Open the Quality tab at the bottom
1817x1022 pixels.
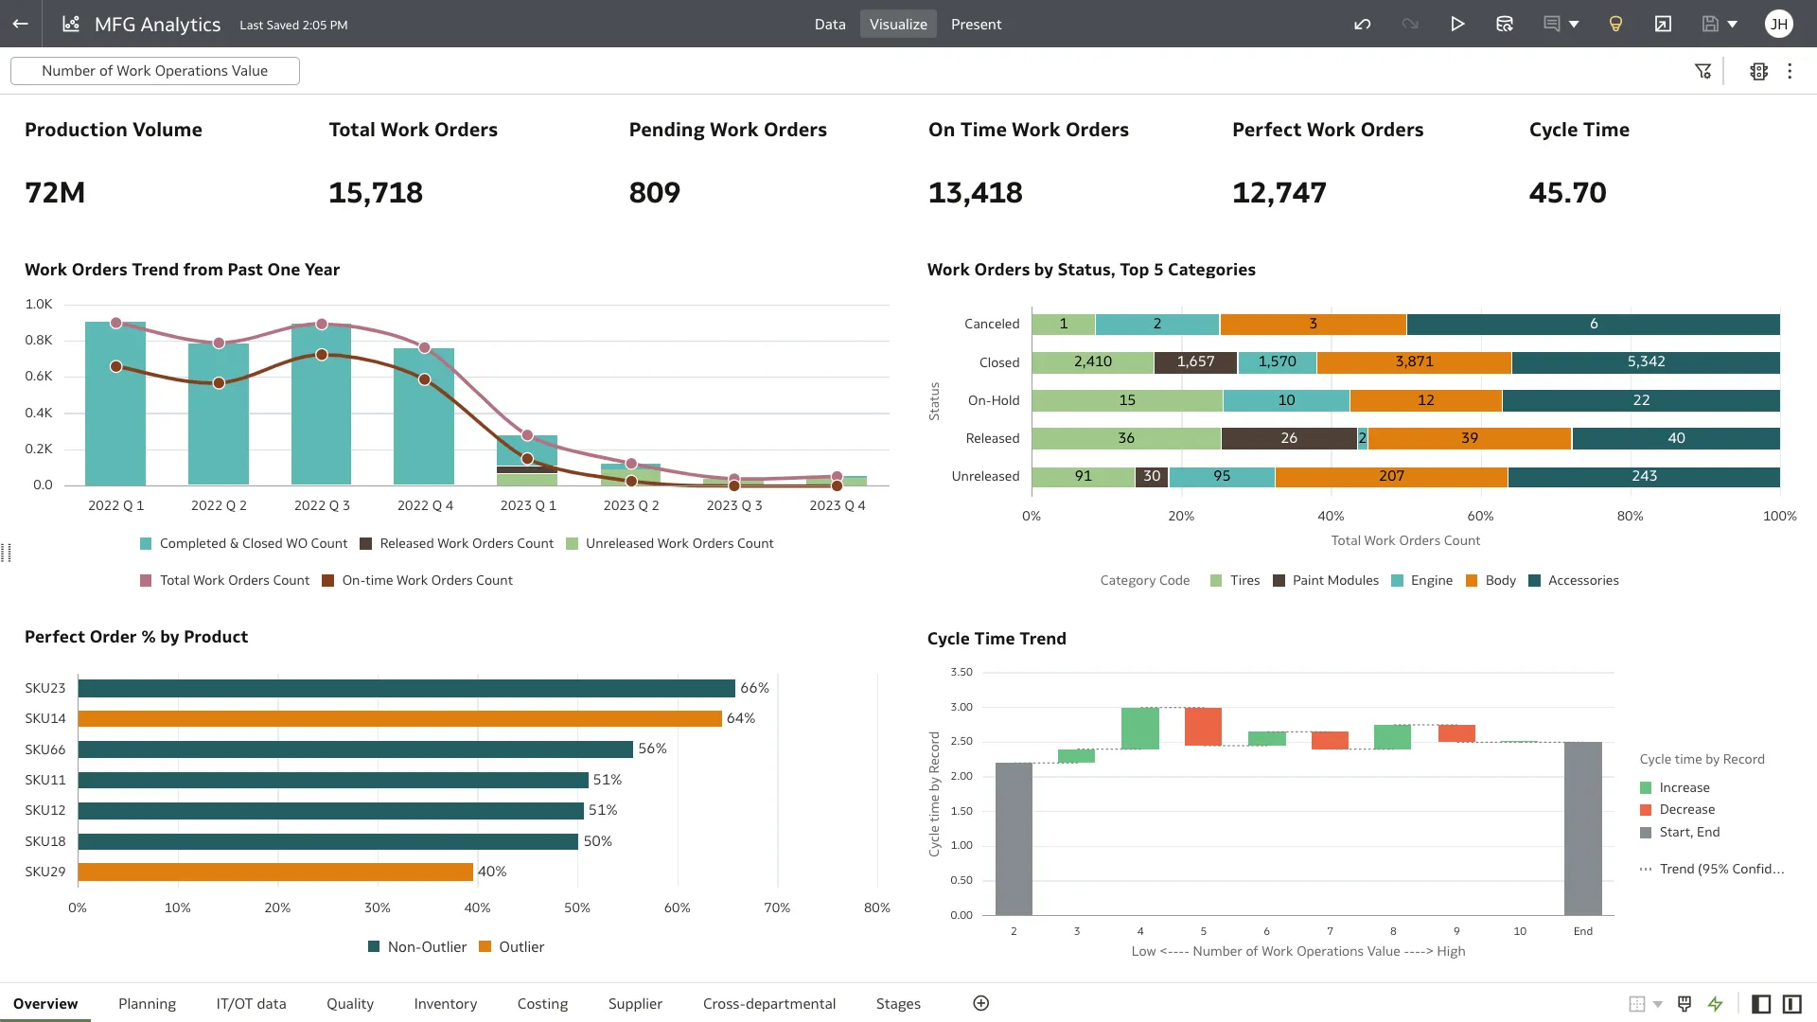pyautogui.click(x=349, y=1003)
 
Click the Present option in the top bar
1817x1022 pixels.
pyautogui.click(x=976, y=25)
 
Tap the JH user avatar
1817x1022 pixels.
pyautogui.click(x=1778, y=25)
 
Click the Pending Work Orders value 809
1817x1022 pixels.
pyautogui.click(x=654, y=193)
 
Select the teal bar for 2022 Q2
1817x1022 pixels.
pyautogui.click(x=219, y=416)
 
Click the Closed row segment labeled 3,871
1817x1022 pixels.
pyautogui.click(x=1414, y=362)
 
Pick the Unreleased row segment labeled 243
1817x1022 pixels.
pyautogui.click(x=1644, y=477)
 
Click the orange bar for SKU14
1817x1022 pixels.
pyautogui.click(x=399, y=719)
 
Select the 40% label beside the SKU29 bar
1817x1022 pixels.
pyautogui.click(x=492, y=872)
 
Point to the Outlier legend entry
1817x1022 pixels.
pyautogui.click(x=520, y=947)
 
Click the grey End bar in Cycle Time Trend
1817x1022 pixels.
pyautogui.click(x=1582, y=828)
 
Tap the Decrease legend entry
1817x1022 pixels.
pyautogui.click(x=1686, y=810)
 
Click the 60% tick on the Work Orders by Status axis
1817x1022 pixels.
pyautogui.click(x=1480, y=517)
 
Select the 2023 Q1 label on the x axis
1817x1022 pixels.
pyautogui.click(x=528, y=506)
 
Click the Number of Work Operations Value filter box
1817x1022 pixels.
pyautogui.click(x=155, y=71)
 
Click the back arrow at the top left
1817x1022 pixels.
pyautogui.click(x=20, y=25)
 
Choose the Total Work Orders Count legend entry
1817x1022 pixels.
pyautogui.click(x=234, y=581)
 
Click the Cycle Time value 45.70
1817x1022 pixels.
pyautogui.click(x=1567, y=193)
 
